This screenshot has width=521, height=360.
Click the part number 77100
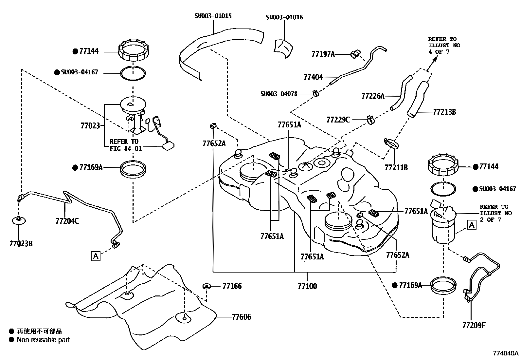pyautogui.click(x=307, y=286)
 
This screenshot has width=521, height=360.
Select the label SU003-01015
pyautogui.click(x=213, y=16)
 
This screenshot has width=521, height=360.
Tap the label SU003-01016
pyautogui.click(x=284, y=17)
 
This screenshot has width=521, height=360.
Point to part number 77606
pyautogui.click(x=242, y=317)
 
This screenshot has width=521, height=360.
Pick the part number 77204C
pyautogui.click(x=67, y=221)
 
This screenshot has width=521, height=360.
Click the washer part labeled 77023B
pyautogui.click(x=19, y=220)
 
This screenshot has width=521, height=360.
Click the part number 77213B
pyautogui.click(x=444, y=112)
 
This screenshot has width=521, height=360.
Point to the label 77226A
pyautogui.click(x=373, y=96)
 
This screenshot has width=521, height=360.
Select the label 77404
pyautogui.click(x=313, y=77)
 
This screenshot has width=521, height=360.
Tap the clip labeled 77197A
pyautogui.click(x=355, y=54)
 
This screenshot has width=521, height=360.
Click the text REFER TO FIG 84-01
pyautogui.click(x=125, y=145)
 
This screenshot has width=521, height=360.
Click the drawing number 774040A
pyautogui.click(x=506, y=353)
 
